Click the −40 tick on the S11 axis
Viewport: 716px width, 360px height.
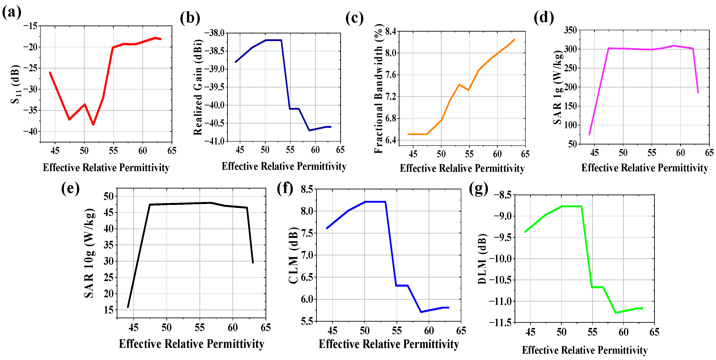tap(30, 131)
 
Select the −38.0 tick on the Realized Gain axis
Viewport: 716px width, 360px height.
tap(214, 33)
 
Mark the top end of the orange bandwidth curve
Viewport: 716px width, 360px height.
tap(514, 39)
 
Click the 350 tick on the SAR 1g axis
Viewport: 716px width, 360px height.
tap(570, 30)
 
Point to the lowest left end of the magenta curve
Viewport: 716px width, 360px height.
tap(589, 135)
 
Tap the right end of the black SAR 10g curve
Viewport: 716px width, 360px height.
tap(253, 262)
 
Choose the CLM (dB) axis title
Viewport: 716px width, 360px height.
tap(293, 255)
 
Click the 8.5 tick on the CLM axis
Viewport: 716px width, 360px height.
tap(307, 189)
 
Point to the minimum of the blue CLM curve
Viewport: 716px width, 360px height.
tap(421, 312)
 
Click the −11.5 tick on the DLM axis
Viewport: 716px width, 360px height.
tap(500, 323)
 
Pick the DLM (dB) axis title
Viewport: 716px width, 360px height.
tap(482, 259)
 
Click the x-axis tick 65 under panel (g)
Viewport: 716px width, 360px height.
tap(654, 332)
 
